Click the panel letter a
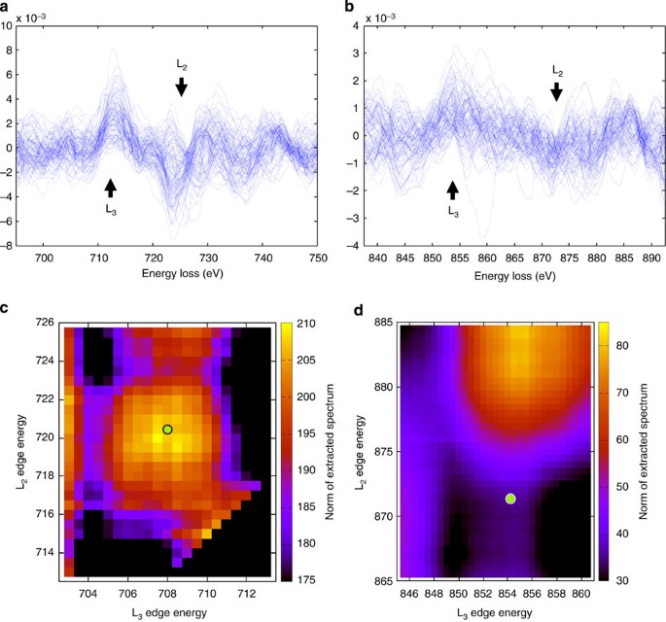point(7,8)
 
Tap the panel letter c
point(7,309)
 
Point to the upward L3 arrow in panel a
point(110,188)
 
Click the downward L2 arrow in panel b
point(556,91)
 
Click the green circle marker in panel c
point(167,430)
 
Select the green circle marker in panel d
point(510,499)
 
